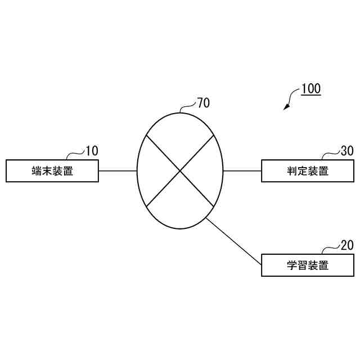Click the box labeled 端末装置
[x=52, y=171]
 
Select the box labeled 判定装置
[x=308, y=171]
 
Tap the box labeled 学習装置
[x=308, y=265]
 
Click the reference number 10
[x=91, y=151]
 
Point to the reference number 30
[x=347, y=151]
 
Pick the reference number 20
[x=347, y=245]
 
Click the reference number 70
[x=203, y=102]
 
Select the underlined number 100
[x=310, y=89]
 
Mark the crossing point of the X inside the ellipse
[x=180, y=170]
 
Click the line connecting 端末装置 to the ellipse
[x=118, y=170]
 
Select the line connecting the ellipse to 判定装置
[x=242, y=170]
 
